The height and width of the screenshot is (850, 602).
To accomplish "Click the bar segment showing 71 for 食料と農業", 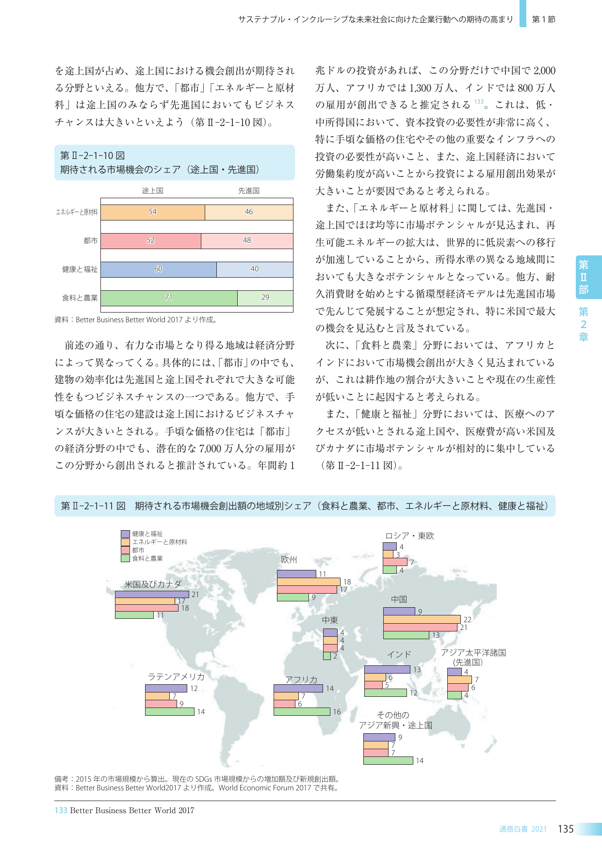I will click(169, 298).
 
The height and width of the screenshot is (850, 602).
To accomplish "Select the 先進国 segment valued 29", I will click(265, 298).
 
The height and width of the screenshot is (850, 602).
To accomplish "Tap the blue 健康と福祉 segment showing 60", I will click(159, 269).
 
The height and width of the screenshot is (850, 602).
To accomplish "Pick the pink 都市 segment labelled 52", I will click(151, 241).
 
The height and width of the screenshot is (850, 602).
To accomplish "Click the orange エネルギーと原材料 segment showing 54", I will click(153, 212).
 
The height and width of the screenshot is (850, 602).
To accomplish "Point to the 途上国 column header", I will click(152, 191).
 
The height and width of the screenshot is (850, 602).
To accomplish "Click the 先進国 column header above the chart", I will click(248, 191).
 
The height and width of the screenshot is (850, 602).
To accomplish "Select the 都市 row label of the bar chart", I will click(90, 241).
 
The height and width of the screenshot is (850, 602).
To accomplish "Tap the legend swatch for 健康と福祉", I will click(125, 534).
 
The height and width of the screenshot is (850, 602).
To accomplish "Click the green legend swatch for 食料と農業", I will click(125, 558).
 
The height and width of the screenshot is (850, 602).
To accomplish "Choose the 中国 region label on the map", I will click(399, 599).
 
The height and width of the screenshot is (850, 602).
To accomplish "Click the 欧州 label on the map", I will click(289, 560).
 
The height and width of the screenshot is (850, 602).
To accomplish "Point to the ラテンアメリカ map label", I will click(176, 677).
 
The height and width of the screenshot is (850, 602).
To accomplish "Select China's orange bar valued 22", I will click(422, 619).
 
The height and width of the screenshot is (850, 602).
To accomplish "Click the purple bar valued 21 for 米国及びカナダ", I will click(152, 594).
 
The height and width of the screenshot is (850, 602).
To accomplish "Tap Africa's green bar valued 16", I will click(302, 711).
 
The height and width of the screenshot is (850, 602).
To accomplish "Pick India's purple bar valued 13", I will click(387, 669).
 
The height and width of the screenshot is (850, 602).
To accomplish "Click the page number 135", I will click(566, 829).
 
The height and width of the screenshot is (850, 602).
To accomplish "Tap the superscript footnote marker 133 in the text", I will click(479, 102).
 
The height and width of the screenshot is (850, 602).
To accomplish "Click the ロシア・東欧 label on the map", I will click(409, 536).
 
